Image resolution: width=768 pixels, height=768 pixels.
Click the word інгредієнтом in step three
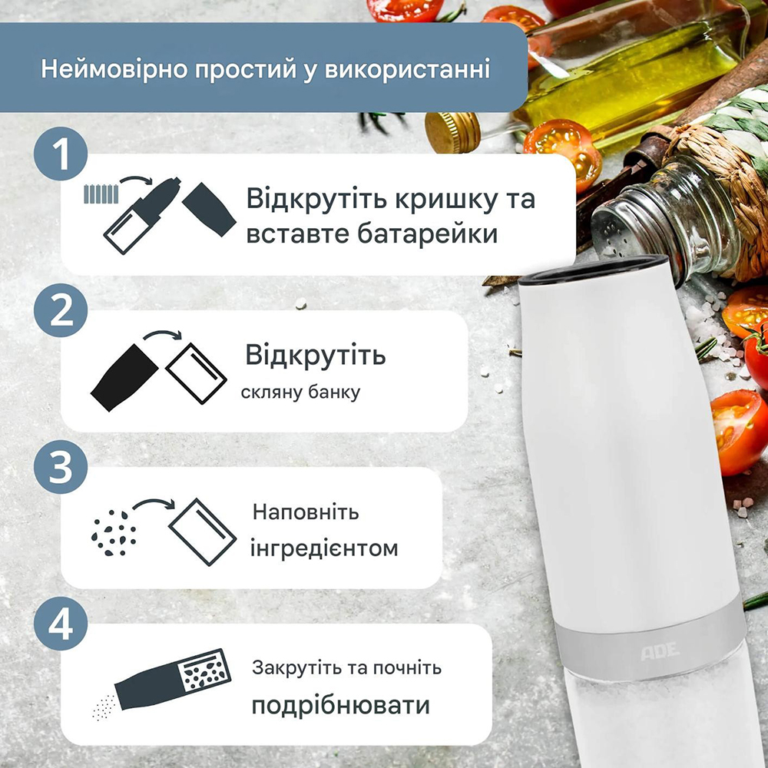pyautogui.click(x=326, y=548)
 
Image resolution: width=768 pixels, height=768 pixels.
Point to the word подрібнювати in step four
pyautogui.click(x=340, y=706)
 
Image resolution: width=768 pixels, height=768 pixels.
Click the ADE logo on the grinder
pyautogui.click(x=660, y=650)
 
